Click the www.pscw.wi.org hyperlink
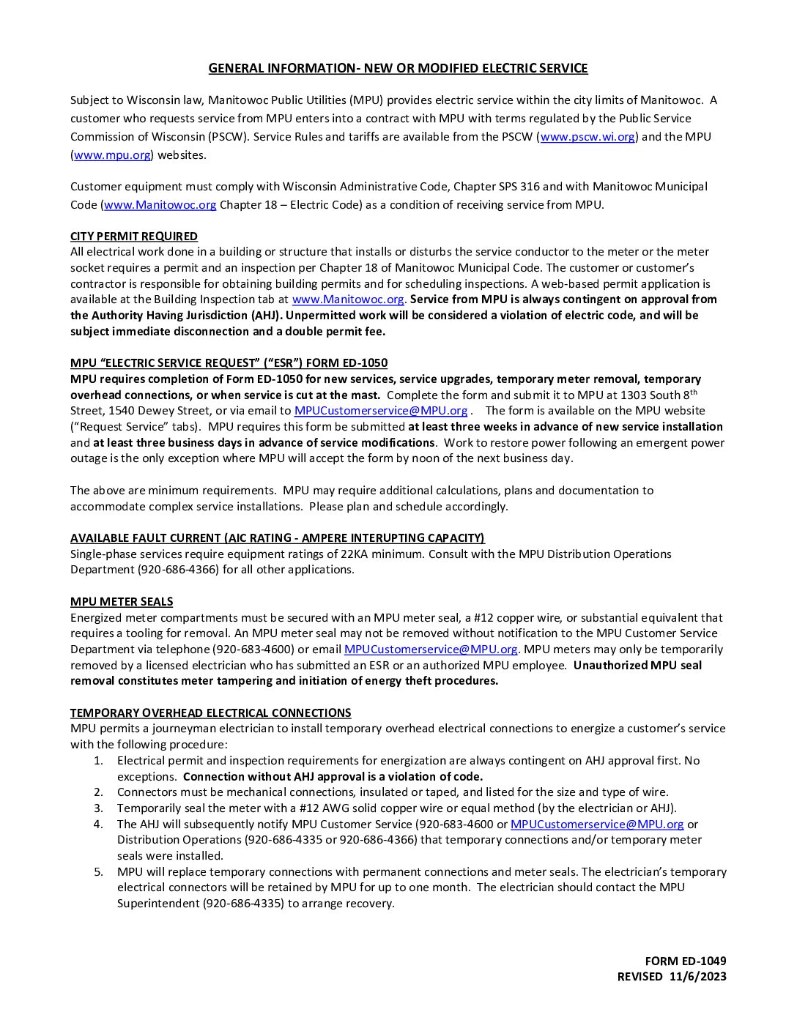(x=587, y=137)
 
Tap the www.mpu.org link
(x=112, y=155)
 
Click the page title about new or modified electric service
(x=398, y=69)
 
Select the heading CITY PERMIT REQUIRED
(x=134, y=237)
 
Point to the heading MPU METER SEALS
(x=122, y=602)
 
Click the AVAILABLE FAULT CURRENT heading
(x=277, y=538)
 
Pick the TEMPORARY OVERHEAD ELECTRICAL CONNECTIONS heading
(x=210, y=713)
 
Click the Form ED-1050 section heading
(x=229, y=363)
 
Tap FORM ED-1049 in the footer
(x=686, y=961)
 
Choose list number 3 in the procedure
(x=98, y=808)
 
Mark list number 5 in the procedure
(x=98, y=872)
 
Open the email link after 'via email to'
(x=381, y=411)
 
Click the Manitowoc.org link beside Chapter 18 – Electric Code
(x=160, y=205)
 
